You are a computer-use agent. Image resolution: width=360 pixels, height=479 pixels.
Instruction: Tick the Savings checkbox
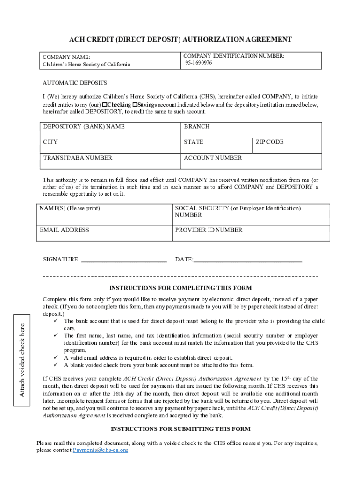pyautogui.click(x=135, y=105)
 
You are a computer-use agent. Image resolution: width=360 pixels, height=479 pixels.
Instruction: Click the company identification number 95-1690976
pyautogui.click(x=198, y=63)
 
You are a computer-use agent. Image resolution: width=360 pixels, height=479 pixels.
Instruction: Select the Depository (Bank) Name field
pyautogui.click(x=110, y=130)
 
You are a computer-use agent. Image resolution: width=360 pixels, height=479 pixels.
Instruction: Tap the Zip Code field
pyautogui.click(x=287, y=145)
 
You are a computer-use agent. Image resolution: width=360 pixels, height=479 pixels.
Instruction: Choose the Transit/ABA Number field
pyautogui.click(x=110, y=161)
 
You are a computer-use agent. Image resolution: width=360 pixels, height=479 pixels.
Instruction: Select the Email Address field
pyautogui.click(x=104, y=233)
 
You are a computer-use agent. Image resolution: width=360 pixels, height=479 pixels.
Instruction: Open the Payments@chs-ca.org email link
pyautogui.click(x=101, y=450)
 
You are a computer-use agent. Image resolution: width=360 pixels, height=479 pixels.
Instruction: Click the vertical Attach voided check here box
pyautogui.click(x=22, y=356)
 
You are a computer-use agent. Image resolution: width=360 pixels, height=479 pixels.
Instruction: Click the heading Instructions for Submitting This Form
pyautogui.click(x=180, y=429)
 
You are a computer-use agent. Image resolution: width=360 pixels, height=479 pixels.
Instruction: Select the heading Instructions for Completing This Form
pyautogui.click(x=180, y=288)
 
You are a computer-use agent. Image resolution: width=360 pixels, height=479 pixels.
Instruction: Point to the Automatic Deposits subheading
pyautogui.click(x=75, y=83)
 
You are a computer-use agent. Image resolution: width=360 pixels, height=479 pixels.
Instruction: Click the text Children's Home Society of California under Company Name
pyautogui.click(x=86, y=65)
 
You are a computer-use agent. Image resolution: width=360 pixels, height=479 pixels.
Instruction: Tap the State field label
pyautogui.click(x=194, y=142)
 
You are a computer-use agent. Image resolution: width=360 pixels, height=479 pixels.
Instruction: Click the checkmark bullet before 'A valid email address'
pyautogui.click(x=55, y=358)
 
